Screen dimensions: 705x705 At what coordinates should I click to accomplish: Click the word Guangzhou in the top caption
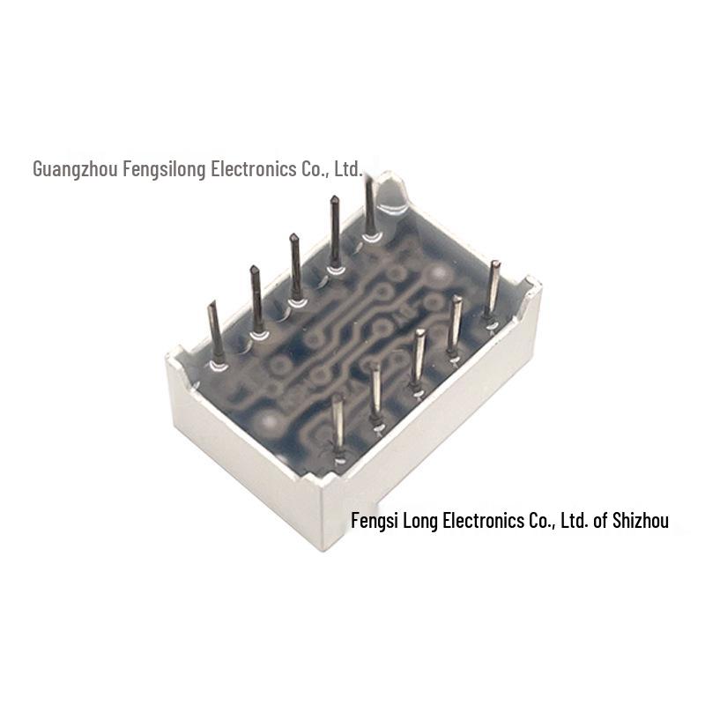pos(75,169)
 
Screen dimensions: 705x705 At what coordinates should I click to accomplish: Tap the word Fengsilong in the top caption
pos(164,169)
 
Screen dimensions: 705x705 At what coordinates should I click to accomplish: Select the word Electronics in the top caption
pos(254,169)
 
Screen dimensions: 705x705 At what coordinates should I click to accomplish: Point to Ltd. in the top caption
pos(348,169)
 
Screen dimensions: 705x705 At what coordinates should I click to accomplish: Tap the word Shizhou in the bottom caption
pos(641,520)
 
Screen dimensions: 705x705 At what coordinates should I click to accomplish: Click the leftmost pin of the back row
pos(216,334)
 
